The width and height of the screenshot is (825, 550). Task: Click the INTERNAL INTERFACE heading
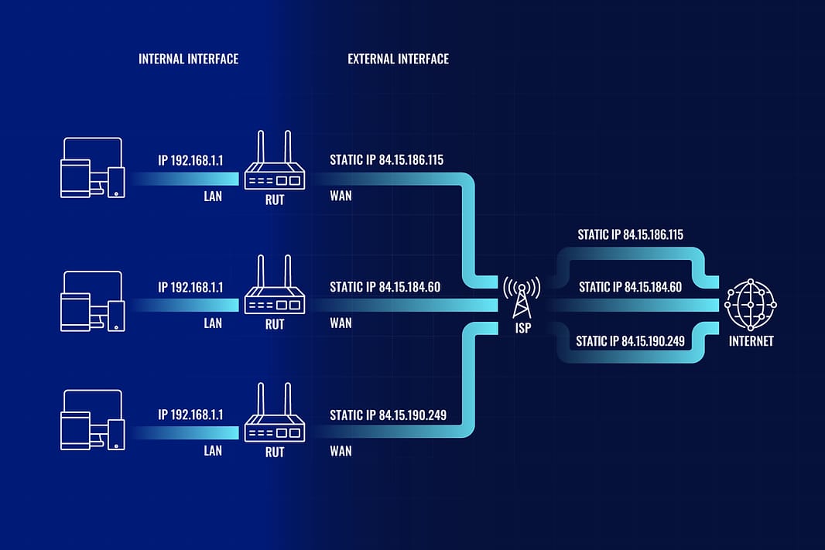pyautogui.click(x=188, y=59)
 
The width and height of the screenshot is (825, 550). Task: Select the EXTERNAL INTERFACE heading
pyautogui.click(x=398, y=59)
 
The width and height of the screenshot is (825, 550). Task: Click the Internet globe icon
pyautogui.click(x=749, y=304)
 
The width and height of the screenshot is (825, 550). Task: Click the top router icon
pyautogui.click(x=275, y=165)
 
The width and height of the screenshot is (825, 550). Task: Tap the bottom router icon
pyautogui.click(x=275, y=418)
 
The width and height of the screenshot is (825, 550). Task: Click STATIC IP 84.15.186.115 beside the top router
pyautogui.click(x=386, y=160)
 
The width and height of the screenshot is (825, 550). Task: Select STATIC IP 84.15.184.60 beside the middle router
pyautogui.click(x=385, y=287)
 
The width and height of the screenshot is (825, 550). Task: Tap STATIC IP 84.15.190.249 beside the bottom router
pyautogui.click(x=388, y=415)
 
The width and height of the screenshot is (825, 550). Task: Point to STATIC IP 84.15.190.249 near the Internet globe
pyautogui.click(x=630, y=340)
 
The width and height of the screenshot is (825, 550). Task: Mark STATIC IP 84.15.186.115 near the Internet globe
pyautogui.click(x=630, y=234)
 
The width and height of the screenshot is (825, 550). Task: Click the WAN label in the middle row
pyautogui.click(x=341, y=323)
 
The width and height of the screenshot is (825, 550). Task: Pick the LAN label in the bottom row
pyautogui.click(x=213, y=450)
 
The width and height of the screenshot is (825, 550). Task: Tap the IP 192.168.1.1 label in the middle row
pyautogui.click(x=190, y=287)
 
